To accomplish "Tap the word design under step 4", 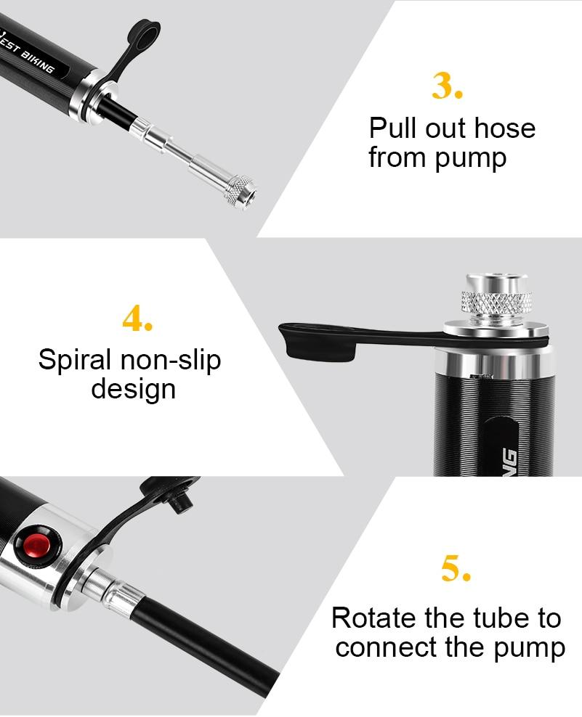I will click(x=133, y=389).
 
